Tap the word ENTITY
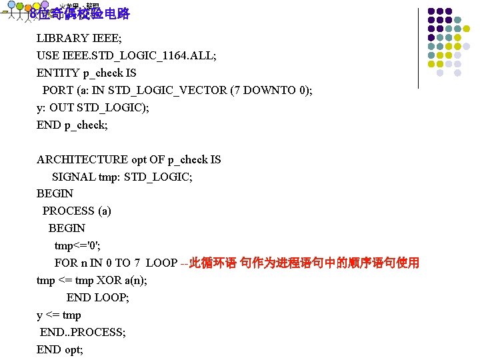click(x=59, y=73)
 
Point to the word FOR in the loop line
click(x=66, y=263)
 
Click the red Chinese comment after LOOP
click(x=304, y=263)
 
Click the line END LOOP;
click(x=97, y=298)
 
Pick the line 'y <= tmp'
click(x=59, y=315)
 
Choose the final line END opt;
click(x=60, y=349)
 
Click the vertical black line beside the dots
click(x=419, y=48)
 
